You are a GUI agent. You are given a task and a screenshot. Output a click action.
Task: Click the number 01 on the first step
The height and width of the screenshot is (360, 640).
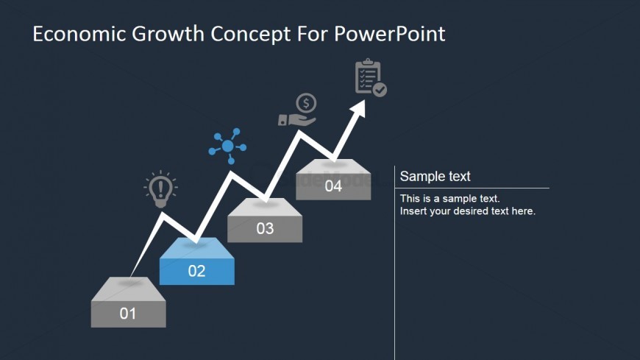tap(128, 314)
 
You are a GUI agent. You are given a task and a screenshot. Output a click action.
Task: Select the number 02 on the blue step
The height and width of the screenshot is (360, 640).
tap(196, 271)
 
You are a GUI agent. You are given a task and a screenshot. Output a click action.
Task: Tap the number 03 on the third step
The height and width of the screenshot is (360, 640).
tap(265, 228)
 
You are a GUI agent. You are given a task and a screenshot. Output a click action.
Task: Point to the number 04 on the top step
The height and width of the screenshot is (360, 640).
tap(333, 186)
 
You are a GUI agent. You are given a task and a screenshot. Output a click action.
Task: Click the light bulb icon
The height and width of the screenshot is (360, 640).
tap(160, 189)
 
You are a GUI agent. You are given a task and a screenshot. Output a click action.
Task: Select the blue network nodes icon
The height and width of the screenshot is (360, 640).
tap(227, 146)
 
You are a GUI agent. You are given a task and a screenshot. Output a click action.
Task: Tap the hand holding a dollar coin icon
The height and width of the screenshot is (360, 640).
tap(297, 110)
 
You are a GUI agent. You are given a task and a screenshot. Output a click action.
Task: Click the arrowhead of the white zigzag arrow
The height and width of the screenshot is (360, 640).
tap(358, 108)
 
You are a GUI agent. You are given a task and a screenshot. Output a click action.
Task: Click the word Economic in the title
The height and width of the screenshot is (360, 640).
tap(79, 34)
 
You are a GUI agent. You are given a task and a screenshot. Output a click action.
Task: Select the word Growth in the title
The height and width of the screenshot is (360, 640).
tap(168, 34)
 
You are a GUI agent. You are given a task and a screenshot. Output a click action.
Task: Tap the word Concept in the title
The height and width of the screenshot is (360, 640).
tap(251, 35)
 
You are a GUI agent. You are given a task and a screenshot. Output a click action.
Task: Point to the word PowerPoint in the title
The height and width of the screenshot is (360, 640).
tap(390, 34)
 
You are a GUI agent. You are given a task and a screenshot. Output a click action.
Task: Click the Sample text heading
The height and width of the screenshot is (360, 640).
tap(435, 176)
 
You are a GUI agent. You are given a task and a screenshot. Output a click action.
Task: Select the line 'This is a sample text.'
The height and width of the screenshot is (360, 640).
tap(449, 199)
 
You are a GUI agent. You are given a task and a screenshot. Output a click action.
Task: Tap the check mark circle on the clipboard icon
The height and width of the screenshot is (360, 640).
tap(380, 90)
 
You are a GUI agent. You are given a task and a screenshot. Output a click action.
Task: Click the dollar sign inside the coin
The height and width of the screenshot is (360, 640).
tap(306, 103)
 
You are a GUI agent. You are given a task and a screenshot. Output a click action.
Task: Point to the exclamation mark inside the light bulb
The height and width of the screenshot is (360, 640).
tap(160, 188)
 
